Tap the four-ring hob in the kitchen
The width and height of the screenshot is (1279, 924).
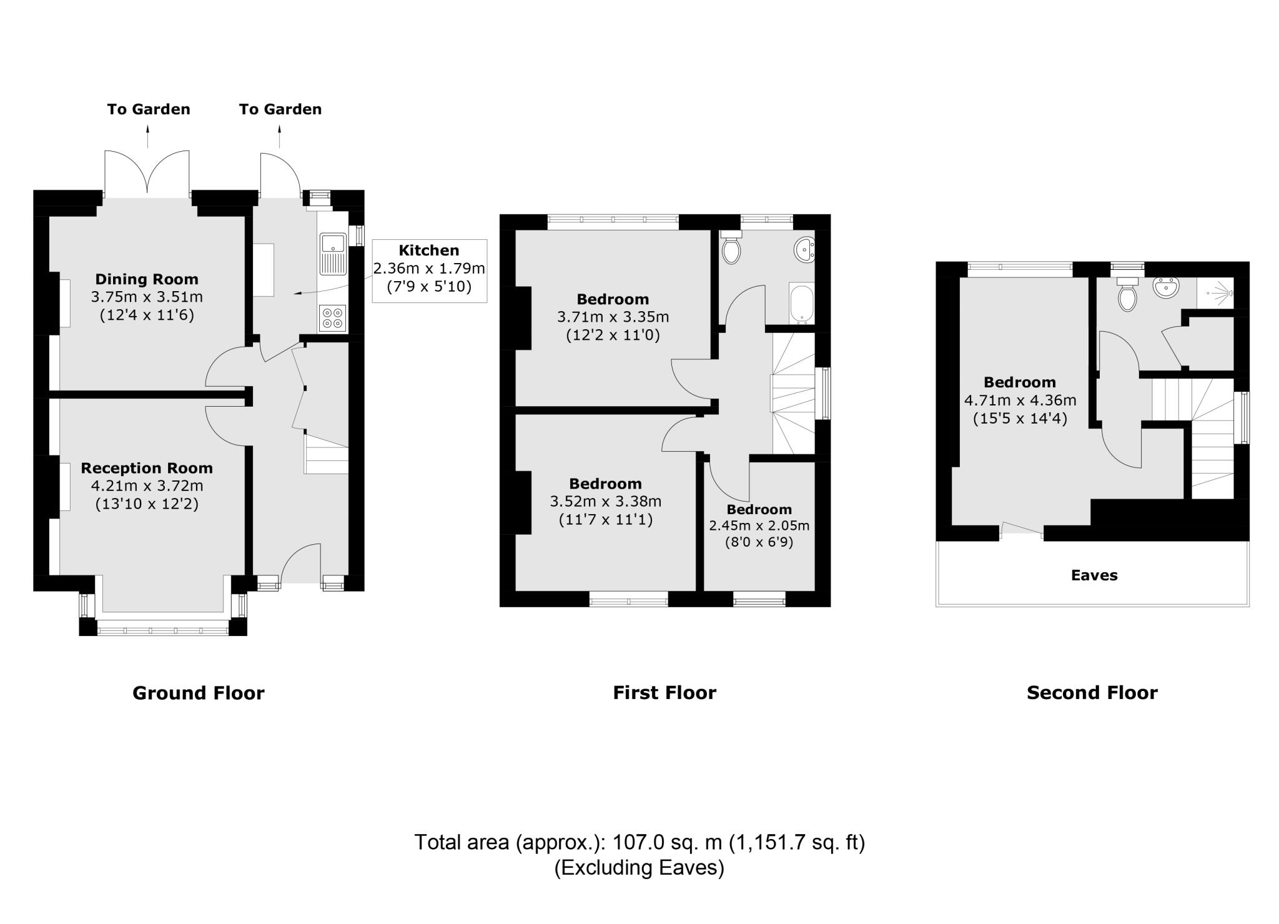[332, 317]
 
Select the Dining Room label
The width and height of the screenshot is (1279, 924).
[147, 279]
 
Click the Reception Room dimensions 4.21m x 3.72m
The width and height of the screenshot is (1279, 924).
[147, 485]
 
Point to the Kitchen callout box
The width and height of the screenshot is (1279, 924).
[429, 271]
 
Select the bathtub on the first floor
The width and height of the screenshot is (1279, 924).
[802, 304]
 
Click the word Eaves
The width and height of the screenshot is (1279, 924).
[1094, 575]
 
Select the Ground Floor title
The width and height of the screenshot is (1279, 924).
[199, 693]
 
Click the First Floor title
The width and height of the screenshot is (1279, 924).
[664, 692]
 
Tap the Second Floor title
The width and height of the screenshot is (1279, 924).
[1092, 692]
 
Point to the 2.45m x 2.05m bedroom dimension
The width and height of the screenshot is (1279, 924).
[759, 525]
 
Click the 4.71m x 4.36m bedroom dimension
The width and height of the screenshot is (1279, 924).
[1020, 400]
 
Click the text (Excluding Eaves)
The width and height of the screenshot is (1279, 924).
[639, 868]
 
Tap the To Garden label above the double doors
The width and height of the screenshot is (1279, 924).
[149, 109]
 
